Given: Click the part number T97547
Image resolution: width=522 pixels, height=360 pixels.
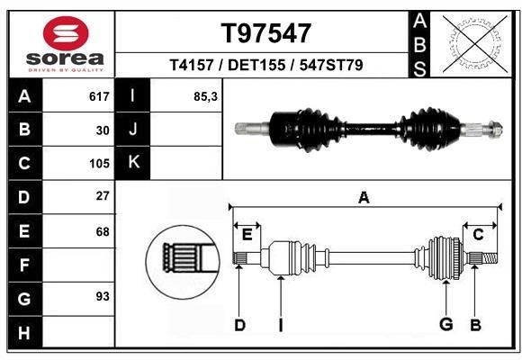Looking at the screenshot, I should [x=266, y=33].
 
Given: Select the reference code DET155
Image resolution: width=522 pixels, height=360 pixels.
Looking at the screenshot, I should [x=266, y=66].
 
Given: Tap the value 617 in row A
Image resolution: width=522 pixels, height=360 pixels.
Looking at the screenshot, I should [x=99, y=96].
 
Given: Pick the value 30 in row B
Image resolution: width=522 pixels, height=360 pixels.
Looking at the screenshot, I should [x=103, y=130].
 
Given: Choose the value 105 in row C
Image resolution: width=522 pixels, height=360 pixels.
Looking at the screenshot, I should [x=99, y=164].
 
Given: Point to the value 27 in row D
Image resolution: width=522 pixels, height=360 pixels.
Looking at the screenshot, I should [x=103, y=196].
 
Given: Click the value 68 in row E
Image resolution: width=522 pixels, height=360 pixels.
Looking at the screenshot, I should [x=103, y=231].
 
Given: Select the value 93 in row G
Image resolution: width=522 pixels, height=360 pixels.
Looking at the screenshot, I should [x=103, y=296].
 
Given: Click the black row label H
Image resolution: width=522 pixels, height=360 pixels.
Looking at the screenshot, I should [x=23, y=333].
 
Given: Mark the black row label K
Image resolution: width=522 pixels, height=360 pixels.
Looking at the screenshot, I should [x=133, y=163].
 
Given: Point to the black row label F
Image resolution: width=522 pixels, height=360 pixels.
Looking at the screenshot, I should [x=23, y=265].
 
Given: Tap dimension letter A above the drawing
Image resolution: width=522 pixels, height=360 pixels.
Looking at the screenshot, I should [x=364, y=198].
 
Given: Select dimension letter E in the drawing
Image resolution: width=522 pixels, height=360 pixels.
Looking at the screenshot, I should [x=247, y=235].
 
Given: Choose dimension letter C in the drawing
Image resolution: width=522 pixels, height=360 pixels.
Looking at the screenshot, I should [x=478, y=235].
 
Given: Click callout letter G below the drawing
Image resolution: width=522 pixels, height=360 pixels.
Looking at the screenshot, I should [x=445, y=325].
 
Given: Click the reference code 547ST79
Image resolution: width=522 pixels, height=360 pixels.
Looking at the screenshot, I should [x=331, y=66].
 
